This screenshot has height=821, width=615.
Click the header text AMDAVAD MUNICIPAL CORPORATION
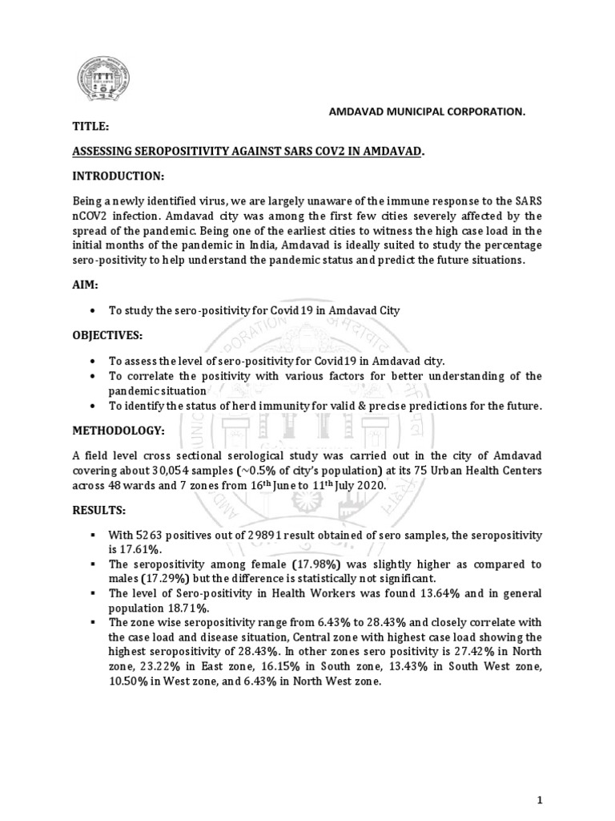coord(428,114)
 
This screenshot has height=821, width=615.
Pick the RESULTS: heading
coord(92,508)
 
